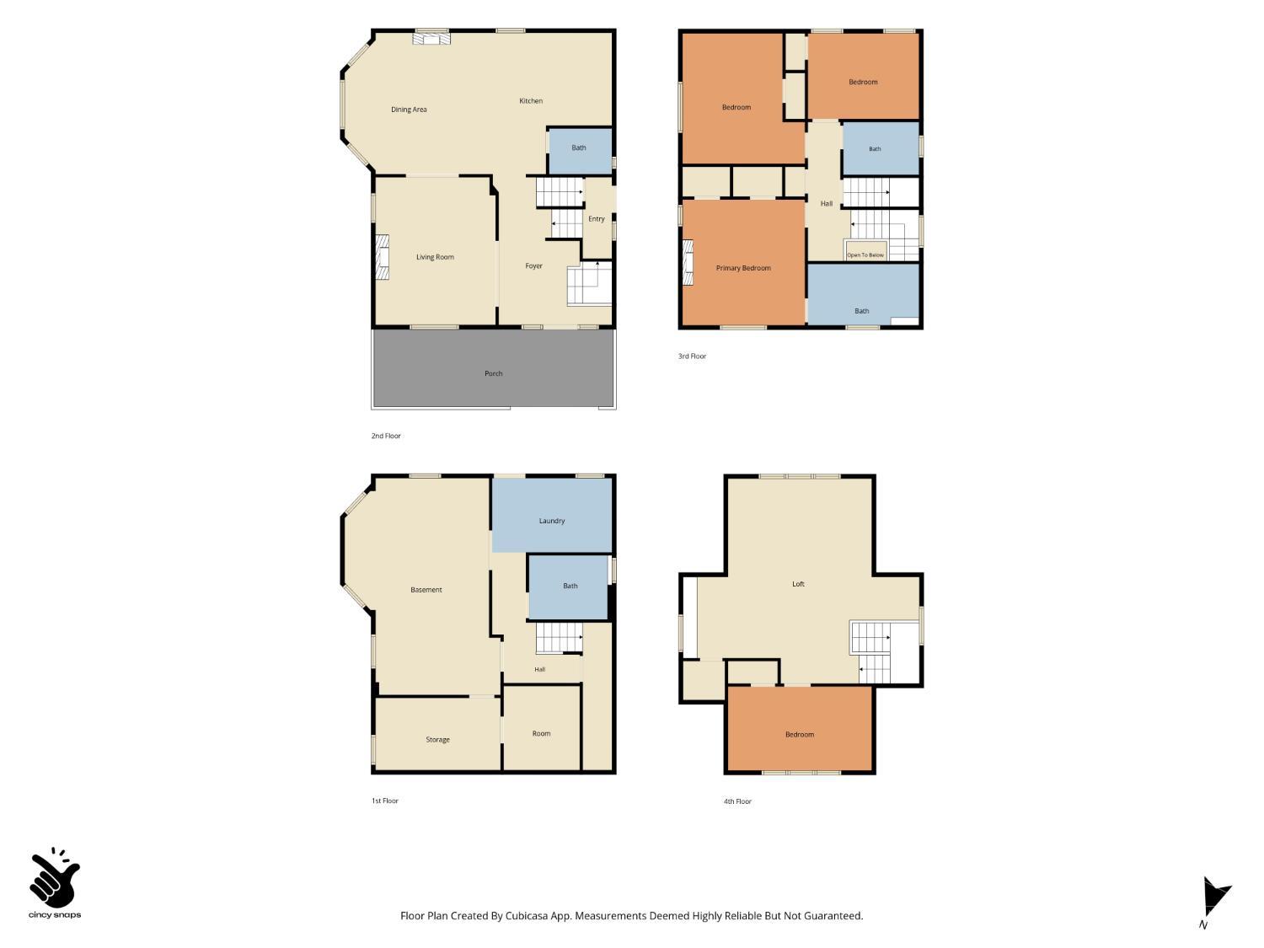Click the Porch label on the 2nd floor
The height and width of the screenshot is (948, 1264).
click(x=494, y=373)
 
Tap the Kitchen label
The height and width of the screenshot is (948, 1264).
click(x=531, y=101)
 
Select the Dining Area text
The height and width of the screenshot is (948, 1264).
click(x=409, y=110)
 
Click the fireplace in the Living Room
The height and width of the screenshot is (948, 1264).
click(x=383, y=257)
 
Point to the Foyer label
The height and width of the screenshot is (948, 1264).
click(x=533, y=266)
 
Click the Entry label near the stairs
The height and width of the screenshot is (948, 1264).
click(x=597, y=219)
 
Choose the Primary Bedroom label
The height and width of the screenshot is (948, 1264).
click(x=743, y=268)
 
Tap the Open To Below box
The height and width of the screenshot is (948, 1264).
click(x=865, y=251)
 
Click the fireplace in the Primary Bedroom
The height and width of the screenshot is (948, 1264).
click(x=688, y=262)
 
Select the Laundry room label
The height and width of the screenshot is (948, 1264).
click(x=552, y=521)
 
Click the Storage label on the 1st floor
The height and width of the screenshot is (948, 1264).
click(x=437, y=740)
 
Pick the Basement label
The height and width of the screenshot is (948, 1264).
click(x=426, y=589)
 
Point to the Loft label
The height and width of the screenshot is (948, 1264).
click(x=798, y=584)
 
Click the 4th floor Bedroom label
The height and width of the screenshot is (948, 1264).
click(x=800, y=735)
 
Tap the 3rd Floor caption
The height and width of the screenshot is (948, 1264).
click(x=692, y=356)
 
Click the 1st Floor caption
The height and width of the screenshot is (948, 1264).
click(x=384, y=801)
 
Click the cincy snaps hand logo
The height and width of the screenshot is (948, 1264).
click(x=55, y=878)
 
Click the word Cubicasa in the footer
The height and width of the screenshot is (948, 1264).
click(x=527, y=916)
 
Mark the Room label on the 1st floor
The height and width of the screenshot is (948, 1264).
click(x=541, y=733)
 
